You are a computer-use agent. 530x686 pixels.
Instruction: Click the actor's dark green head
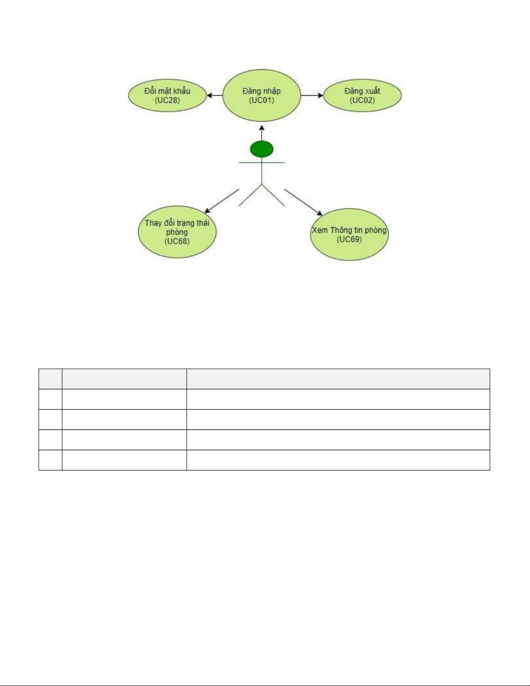261,149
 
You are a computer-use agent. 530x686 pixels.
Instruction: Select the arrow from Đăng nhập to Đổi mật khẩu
214,96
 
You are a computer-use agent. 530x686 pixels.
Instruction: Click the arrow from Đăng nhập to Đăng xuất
312,95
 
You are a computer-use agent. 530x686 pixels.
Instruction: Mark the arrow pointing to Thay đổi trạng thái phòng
221,201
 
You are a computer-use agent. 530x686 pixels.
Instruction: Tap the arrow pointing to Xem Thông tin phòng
303,202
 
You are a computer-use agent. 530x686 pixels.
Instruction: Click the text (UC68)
177,241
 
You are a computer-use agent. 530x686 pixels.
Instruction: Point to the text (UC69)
349,239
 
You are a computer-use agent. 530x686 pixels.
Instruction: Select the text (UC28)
167,100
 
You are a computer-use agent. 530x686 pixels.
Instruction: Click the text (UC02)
362,100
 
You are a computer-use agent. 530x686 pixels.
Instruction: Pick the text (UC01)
261,100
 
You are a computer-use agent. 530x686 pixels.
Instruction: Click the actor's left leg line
251,195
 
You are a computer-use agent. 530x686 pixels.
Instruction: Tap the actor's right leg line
273,195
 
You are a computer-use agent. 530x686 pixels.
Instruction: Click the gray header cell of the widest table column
338,379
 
